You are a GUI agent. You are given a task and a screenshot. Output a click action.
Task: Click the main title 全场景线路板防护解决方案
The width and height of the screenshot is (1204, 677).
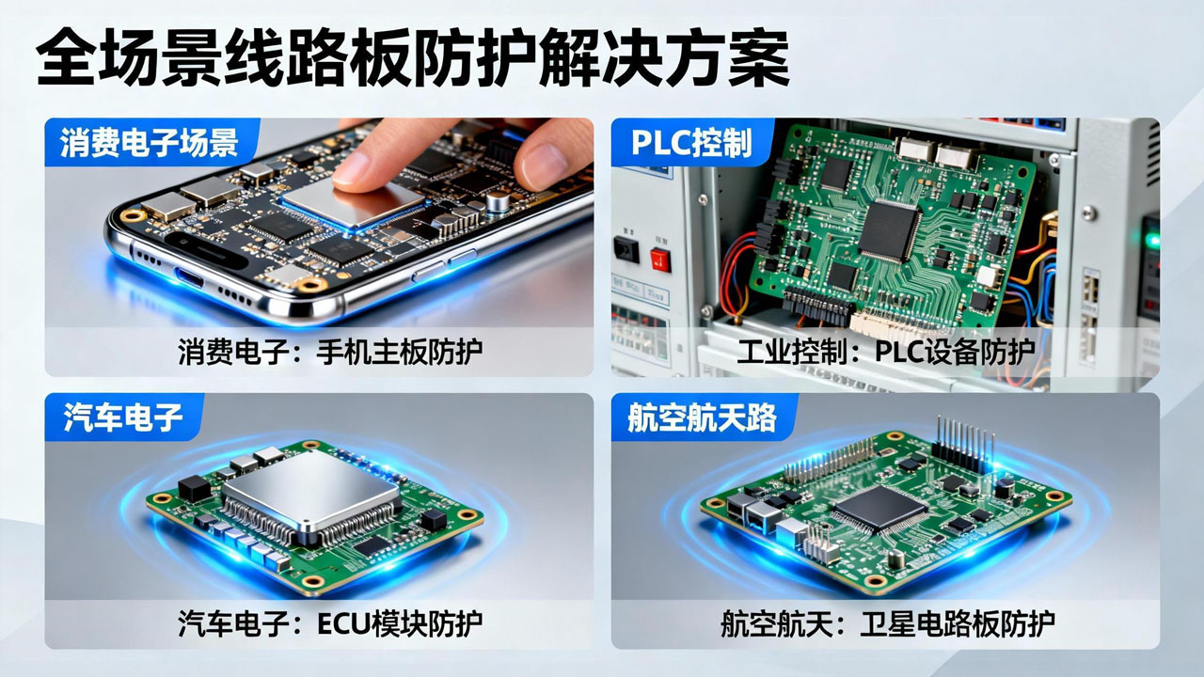(x=413, y=58)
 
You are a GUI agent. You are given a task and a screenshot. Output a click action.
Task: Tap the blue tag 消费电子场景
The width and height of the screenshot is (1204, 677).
(x=149, y=142)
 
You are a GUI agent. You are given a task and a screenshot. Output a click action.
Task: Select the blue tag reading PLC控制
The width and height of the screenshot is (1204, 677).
(x=691, y=142)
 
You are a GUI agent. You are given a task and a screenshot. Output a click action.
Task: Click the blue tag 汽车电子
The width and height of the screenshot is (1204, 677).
(x=123, y=417)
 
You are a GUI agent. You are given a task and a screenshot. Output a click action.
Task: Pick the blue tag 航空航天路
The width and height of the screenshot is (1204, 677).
(x=702, y=417)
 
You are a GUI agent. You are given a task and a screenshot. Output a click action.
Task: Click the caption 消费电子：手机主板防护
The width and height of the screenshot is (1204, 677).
(x=330, y=352)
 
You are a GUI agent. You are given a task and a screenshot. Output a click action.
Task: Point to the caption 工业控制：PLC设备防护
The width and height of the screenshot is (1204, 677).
(x=886, y=352)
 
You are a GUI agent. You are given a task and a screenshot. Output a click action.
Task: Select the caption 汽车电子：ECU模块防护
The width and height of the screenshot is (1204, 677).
(x=330, y=623)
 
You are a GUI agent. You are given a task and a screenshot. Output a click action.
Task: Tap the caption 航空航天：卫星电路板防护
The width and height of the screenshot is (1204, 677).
(x=887, y=623)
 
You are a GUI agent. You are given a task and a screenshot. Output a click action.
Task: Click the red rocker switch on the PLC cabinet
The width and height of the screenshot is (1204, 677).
(x=660, y=260)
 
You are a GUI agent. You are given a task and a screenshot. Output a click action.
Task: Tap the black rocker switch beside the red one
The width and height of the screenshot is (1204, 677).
(x=626, y=249)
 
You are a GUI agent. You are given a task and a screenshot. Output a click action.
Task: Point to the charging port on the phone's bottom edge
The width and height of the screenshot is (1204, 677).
(x=189, y=278)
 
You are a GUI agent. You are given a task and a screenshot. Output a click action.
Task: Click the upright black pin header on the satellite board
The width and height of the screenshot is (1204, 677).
(x=964, y=445)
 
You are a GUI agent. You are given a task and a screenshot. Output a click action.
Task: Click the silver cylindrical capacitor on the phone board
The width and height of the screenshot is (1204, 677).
(x=498, y=200)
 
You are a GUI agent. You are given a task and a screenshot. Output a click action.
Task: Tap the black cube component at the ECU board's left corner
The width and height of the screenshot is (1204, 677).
(x=194, y=488)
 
